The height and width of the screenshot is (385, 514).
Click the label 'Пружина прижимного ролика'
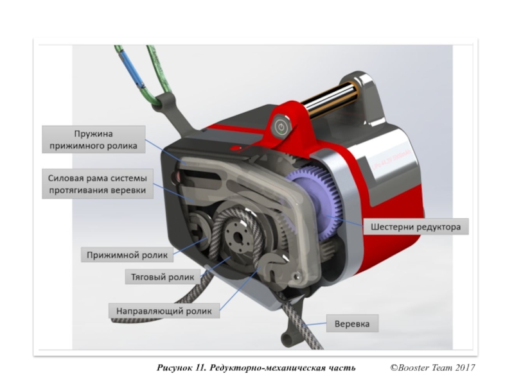[94, 140]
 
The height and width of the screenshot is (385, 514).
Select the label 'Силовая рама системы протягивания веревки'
[97, 184]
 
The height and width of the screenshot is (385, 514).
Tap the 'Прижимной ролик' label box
[127, 255]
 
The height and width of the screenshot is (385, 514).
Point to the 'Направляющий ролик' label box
[164, 311]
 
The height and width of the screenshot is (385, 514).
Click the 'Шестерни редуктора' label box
[416, 227]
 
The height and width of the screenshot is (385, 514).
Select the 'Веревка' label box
[352, 324]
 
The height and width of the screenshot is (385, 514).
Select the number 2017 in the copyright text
[463, 368]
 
